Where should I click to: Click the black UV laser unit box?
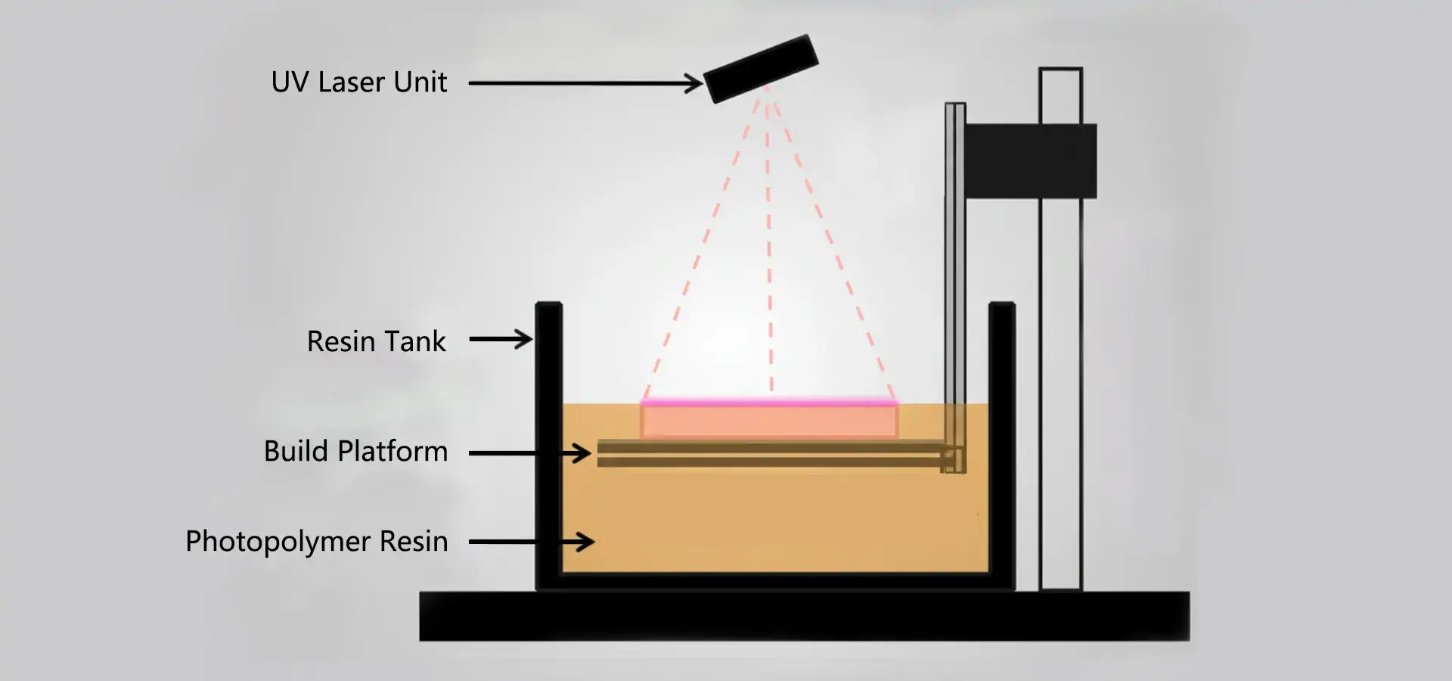click(x=761, y=69)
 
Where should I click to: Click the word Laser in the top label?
click(x=351, y=82)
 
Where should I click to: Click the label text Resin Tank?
click(x=376, y=342)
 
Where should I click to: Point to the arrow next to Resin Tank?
click(x=501, y=339)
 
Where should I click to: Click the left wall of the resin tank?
click(x=548, y=446)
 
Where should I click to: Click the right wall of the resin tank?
click(x=1001, y=446)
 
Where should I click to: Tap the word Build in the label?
click(x=296, y=452)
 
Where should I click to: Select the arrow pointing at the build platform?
click(x=529, y=453)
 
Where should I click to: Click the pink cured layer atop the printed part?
click(x=769, y=403)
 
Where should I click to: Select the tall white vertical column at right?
click(x=1060, y=378)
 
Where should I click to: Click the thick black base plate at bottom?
click(x=804, y=617)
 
